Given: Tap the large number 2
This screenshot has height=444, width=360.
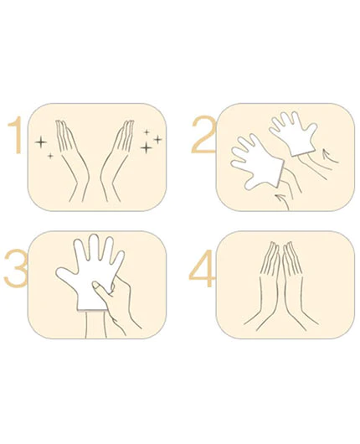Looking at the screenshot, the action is click(x=203, y=134).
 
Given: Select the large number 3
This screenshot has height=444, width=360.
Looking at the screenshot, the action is click(x=16, y=268).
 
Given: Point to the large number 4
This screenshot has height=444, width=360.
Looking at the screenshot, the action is click(x=202, y=268).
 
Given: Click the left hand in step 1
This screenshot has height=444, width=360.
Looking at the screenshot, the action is click(x=71, y=158).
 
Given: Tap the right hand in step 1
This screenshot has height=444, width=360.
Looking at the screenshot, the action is click(x=116, y=158).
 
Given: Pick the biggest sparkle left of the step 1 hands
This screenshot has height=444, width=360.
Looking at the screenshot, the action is click(x=41, y=142).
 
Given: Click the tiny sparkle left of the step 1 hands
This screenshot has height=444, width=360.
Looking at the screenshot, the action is click(x=50, y=156).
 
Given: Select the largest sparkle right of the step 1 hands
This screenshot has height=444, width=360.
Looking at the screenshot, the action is click(x=147, y=147).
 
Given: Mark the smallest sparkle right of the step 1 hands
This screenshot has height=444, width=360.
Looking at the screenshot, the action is click(x=147, y=132).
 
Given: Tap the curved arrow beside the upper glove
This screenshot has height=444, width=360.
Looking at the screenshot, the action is click(x=330, y=157).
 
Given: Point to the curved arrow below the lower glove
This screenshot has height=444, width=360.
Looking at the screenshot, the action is click(x=284, y=199).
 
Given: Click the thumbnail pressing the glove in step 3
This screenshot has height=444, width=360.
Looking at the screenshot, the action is click(x=96, y=285).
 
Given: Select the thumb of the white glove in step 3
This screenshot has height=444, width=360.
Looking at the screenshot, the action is click(x=66, y=278).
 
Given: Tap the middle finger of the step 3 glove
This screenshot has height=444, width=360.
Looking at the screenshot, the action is click(x=94, y=246).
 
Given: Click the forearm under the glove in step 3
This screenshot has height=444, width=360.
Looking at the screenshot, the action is click(x=96, y=325).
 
